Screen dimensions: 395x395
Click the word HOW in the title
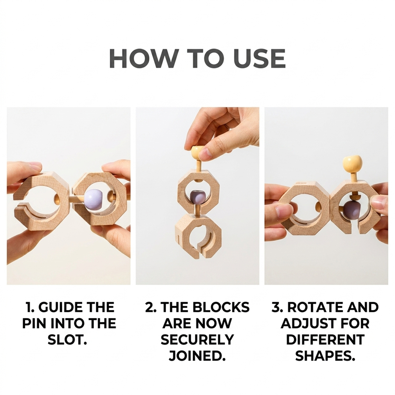(x=143, y=59)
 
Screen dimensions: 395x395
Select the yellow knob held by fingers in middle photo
(x=197, y=152)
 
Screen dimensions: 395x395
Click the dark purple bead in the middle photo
(x=197, y=198)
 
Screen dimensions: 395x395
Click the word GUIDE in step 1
(x=60, y=307)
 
